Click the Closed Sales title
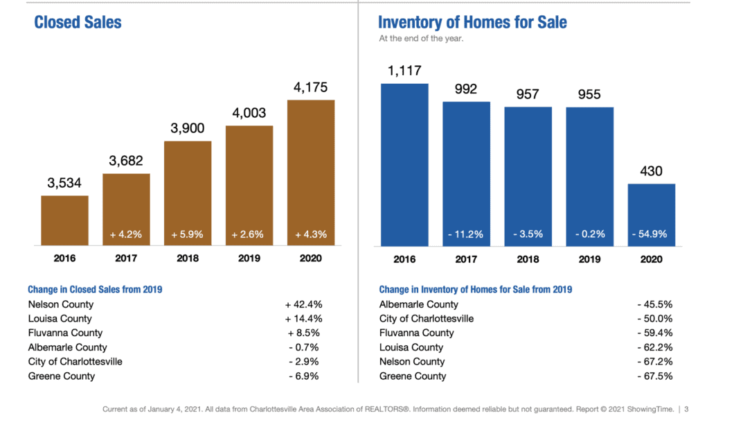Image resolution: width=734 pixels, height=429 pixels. [x=78, y=22]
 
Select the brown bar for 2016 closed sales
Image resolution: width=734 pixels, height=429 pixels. [x=64, y=220]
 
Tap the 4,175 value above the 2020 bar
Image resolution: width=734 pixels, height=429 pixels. [x=311, y=88]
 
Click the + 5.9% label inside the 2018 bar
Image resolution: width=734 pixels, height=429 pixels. [x=187, y=234]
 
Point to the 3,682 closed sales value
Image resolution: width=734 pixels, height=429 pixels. [x=126, y=161]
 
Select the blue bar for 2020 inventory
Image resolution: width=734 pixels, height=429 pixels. [x=651, y=214]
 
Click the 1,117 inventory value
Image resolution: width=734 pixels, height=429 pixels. [x=404, y=71]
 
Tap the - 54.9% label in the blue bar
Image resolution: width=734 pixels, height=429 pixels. [x=651, y=234]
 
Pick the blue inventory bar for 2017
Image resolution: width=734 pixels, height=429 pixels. [x=466, y=173]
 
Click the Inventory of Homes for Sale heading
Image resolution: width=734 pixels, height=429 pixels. [x=472, y=22]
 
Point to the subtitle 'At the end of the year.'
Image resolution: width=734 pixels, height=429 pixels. [x=421, y=39]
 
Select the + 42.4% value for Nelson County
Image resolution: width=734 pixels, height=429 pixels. [x=303, y=304]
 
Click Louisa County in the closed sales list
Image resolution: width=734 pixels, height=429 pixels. [x=60, y=319]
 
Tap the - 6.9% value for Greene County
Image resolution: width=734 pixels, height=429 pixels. [x=305, y=376]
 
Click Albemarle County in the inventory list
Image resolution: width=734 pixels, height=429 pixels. [x=418, y=304]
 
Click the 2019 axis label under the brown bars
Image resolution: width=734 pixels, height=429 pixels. [x=249, y=259]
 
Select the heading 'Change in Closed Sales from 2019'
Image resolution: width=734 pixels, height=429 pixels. [x=95, y=290]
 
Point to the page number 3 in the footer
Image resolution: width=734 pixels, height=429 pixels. [x=686, y=410]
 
